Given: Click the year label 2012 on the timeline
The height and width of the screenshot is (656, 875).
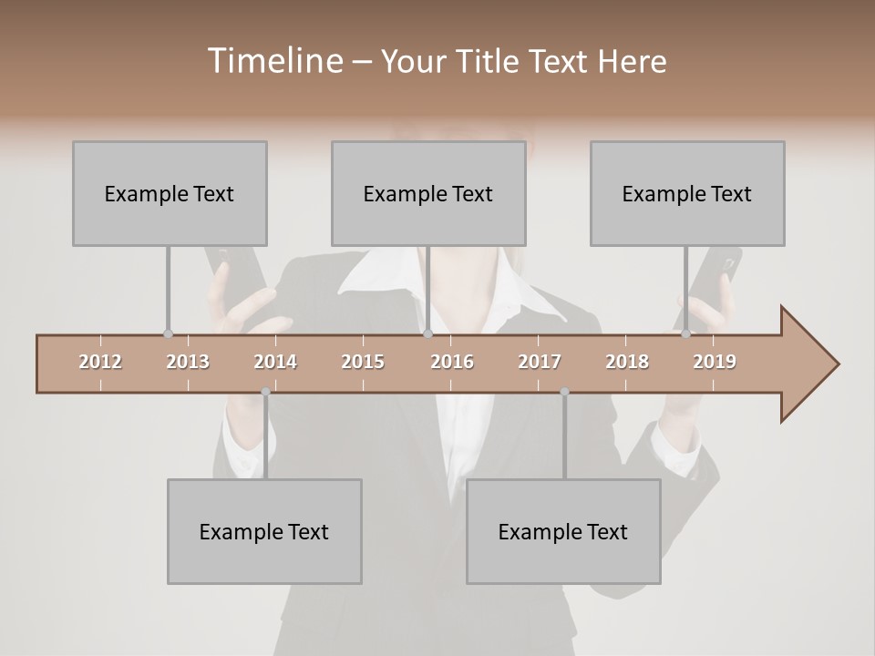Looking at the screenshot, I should coord(100,362).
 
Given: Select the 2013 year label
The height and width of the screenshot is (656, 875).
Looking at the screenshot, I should coord(188,362).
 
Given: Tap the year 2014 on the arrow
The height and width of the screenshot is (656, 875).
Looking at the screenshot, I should coord(275,362).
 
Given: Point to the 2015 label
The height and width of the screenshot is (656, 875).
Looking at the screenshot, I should coord(363,362).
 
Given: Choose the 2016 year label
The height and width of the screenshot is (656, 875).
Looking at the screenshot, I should coord(452,362).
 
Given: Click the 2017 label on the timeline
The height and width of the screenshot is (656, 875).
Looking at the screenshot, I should coord(540,362).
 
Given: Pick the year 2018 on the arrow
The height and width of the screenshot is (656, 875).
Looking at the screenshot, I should coord(627,362).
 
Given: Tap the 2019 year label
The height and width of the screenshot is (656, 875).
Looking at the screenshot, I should coord(715,362).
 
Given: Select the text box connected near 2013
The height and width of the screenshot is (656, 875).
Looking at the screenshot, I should coord(170,193).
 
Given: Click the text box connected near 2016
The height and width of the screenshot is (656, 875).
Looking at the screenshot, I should coord(428,193).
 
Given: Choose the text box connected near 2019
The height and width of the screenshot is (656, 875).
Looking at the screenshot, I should coord(687,193).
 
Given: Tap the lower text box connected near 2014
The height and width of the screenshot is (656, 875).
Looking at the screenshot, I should coord(264,531).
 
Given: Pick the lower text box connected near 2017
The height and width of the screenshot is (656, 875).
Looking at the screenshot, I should coord(563,531).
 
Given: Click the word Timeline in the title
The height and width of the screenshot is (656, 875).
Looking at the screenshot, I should coord(273,61).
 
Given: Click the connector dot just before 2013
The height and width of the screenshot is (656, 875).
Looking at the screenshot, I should coord(168,334).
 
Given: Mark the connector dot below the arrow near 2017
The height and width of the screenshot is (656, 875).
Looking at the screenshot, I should coord(564,392).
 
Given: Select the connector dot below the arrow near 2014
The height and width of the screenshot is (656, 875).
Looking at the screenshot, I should coord(265,392).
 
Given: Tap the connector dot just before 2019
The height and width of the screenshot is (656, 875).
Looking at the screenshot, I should coord(685,334).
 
